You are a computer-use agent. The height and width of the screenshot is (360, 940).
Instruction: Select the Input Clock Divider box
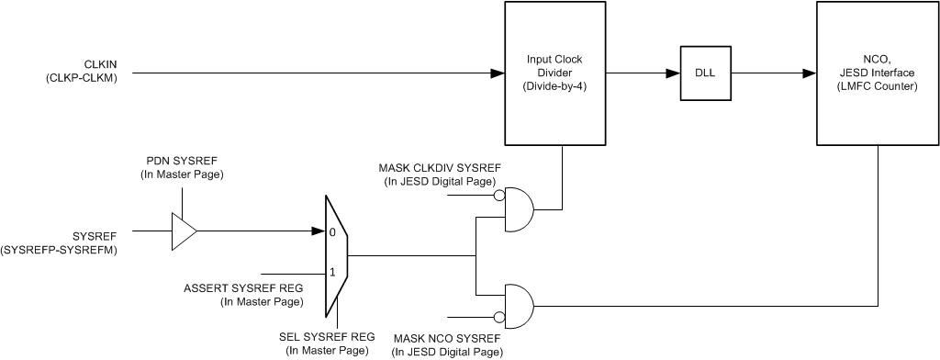click(554, 73)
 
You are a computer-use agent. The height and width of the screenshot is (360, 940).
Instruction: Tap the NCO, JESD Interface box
click(878, 73)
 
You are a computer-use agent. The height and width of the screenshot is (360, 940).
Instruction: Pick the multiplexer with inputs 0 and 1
click(336, 253)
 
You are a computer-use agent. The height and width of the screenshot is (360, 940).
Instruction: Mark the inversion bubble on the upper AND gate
click(498, 196)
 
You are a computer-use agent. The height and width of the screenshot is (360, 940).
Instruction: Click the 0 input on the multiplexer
click(332, 232)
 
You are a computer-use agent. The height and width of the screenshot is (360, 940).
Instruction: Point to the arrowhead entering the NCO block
click(810, 73)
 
